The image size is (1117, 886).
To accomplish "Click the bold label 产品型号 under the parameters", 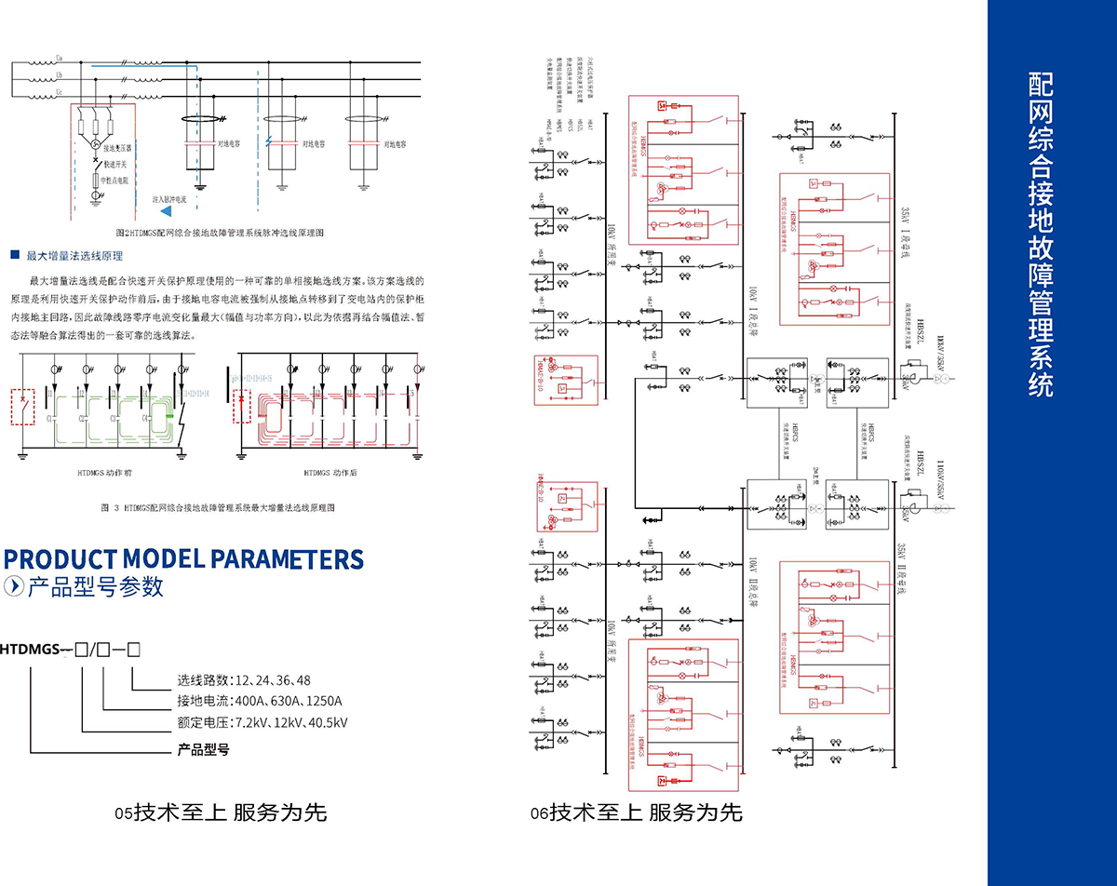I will [203, 749].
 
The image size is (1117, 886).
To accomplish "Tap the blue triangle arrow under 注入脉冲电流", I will [168, 213].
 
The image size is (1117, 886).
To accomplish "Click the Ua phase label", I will [60, 57].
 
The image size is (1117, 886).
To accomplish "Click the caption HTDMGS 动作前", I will [104, 474].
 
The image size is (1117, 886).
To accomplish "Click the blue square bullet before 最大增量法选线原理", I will [15, 255].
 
